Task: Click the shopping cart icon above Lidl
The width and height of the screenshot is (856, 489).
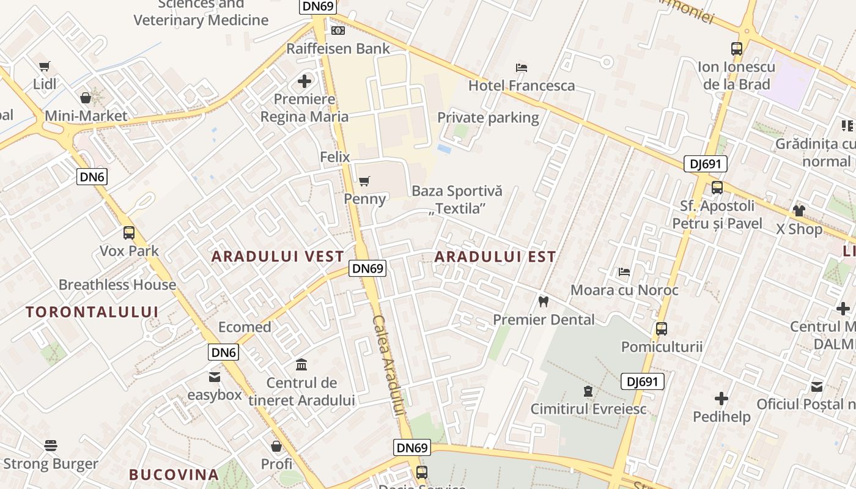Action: pos(44,67)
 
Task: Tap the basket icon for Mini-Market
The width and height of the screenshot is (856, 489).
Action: pos(86,98)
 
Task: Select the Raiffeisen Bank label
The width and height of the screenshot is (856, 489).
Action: pos(338,48)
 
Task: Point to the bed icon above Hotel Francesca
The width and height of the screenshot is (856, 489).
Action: pos(522,67)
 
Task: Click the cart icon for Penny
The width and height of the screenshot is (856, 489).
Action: pos(364,181)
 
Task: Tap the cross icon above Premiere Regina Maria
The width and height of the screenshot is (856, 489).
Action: pos(304,81)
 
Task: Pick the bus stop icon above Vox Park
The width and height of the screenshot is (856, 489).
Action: pos(129,233)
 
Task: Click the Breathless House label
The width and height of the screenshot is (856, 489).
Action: pos(117,285)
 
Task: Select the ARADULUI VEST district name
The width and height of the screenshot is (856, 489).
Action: pos(278,257)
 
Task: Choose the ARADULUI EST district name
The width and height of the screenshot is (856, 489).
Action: pos(495,257)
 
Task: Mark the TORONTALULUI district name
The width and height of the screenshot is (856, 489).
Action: pos(92,312)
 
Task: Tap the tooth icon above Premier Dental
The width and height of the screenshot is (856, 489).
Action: pos(543,301)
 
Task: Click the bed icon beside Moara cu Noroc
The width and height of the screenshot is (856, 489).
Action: pos(624,272)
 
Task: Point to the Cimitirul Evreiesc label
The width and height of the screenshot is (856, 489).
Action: pos(588,409)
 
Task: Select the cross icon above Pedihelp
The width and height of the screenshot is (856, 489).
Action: pos(721,399)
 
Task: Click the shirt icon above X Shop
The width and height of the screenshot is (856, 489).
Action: pos(799,211)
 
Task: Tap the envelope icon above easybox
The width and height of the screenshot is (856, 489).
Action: pos(215,377)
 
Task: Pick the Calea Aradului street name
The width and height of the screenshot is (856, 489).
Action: pos(389,366)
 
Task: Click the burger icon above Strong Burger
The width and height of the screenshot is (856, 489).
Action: pos(51,446)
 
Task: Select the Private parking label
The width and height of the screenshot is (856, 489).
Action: pos(488,117)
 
